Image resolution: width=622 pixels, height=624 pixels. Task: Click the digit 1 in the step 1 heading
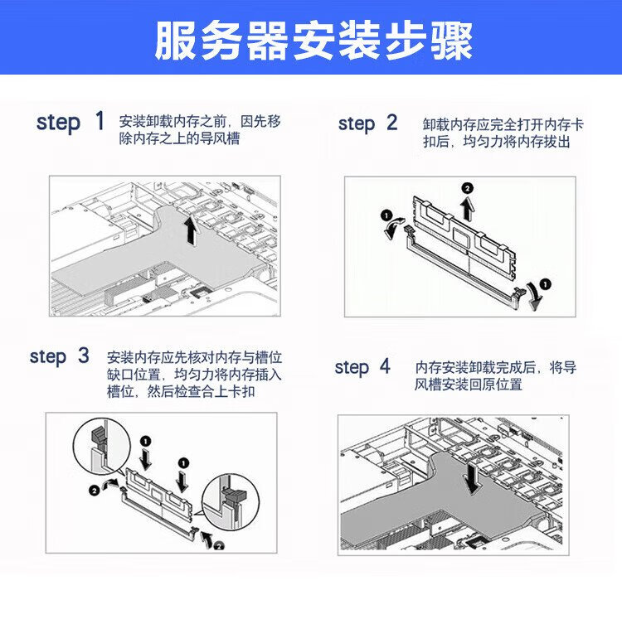(x=100, y=121)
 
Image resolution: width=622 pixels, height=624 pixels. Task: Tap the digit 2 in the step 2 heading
(x=391, y=122)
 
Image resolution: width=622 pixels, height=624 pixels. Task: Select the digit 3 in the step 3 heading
(x=83, y=355)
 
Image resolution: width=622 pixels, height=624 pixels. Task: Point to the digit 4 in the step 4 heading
(x=385, y=366)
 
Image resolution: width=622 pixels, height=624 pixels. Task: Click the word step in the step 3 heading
(x=48, y=357)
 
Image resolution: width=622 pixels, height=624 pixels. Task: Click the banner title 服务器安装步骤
(x=313, y=41)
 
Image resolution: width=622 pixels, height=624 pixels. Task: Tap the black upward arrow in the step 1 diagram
(x=191, y=231)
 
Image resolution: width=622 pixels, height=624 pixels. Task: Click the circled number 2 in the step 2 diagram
(x=468, y=188)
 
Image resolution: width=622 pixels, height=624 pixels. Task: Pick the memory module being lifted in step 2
(x=464, y=236)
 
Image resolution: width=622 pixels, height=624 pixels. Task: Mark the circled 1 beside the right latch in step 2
(x=545, y=284)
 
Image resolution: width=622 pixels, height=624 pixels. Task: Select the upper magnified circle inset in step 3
(x=102, y=446)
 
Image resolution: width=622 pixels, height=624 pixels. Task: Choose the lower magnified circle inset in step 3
(x=231, y=502)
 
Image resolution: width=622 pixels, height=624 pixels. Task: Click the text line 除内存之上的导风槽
(x=180, y=139)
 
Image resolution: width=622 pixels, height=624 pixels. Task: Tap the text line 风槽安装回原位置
(x=469, y=385)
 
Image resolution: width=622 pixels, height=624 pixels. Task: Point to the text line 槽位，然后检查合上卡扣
(x=181, y=392)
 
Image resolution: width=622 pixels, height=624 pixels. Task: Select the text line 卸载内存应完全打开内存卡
(x=503, y=124)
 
